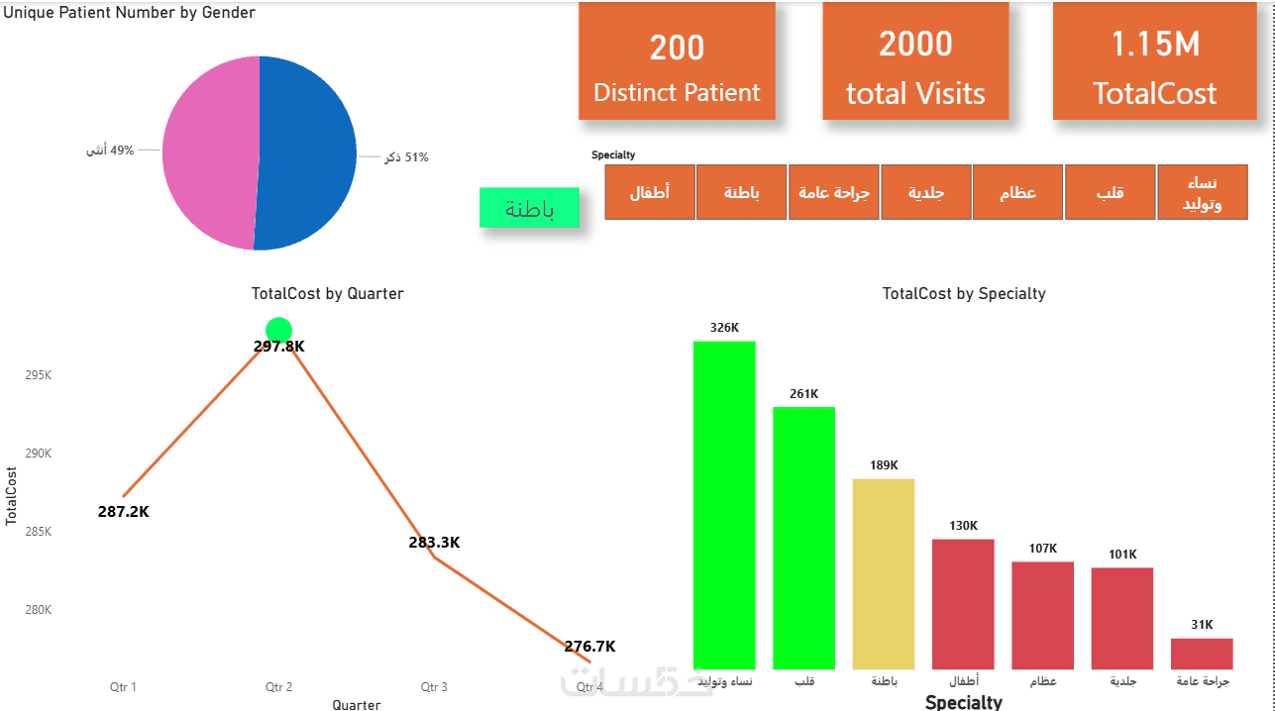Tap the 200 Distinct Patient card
point(677,61)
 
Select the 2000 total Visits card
point(915,61)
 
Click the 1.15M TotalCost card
point(1154,61)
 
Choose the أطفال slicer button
point(650,192)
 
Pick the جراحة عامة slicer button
point(834,192)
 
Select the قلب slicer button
point(1110,192)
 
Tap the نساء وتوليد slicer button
point(1202,192)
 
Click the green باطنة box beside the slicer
point(529,208)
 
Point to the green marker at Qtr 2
point(279,330)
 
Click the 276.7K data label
point(589,647)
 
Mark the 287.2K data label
point(124,512)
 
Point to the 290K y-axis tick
point(38,454)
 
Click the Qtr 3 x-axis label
point(434,687)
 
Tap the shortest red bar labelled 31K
point(1202,654)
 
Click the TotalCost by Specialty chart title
point(964,294)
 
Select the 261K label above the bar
point(804,394)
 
